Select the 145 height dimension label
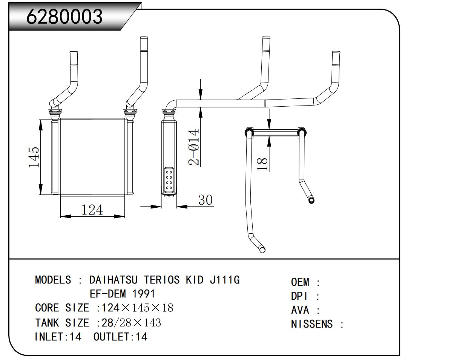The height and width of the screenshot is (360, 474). click(x=34, y=157)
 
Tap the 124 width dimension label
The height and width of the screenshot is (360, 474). click(x=92, y=209)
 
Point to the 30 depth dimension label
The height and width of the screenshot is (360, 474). click(x=206, y=200)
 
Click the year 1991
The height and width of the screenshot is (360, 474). click(x=143, y=294)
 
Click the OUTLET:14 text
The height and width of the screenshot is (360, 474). click(x=120, y=337)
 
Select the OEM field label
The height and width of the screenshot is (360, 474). click(x=300, y=282)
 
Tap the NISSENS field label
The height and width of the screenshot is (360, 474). click(x=312, y=324)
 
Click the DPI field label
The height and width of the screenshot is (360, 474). click(x=299, y=296)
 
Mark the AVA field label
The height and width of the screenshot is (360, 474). click(x=300, y=310)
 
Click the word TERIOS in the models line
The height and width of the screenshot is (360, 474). click(x=162, y=280)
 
